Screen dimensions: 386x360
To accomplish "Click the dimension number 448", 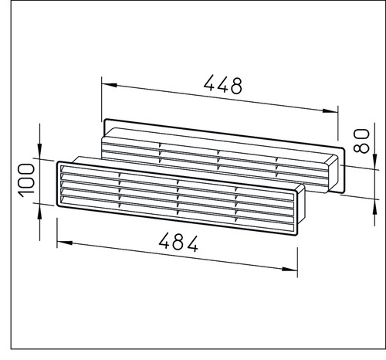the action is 223,84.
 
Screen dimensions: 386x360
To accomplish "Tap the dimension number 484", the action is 178,243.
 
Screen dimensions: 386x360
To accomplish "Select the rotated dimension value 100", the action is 27,181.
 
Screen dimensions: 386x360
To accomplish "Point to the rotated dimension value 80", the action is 361,141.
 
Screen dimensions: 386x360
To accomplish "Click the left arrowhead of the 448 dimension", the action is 110,85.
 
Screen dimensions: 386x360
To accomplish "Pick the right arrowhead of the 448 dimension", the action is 330,110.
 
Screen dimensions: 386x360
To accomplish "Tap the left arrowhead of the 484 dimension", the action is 65,243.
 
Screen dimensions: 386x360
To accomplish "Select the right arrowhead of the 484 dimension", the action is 289,269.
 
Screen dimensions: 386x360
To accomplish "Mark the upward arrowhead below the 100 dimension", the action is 39,212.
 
